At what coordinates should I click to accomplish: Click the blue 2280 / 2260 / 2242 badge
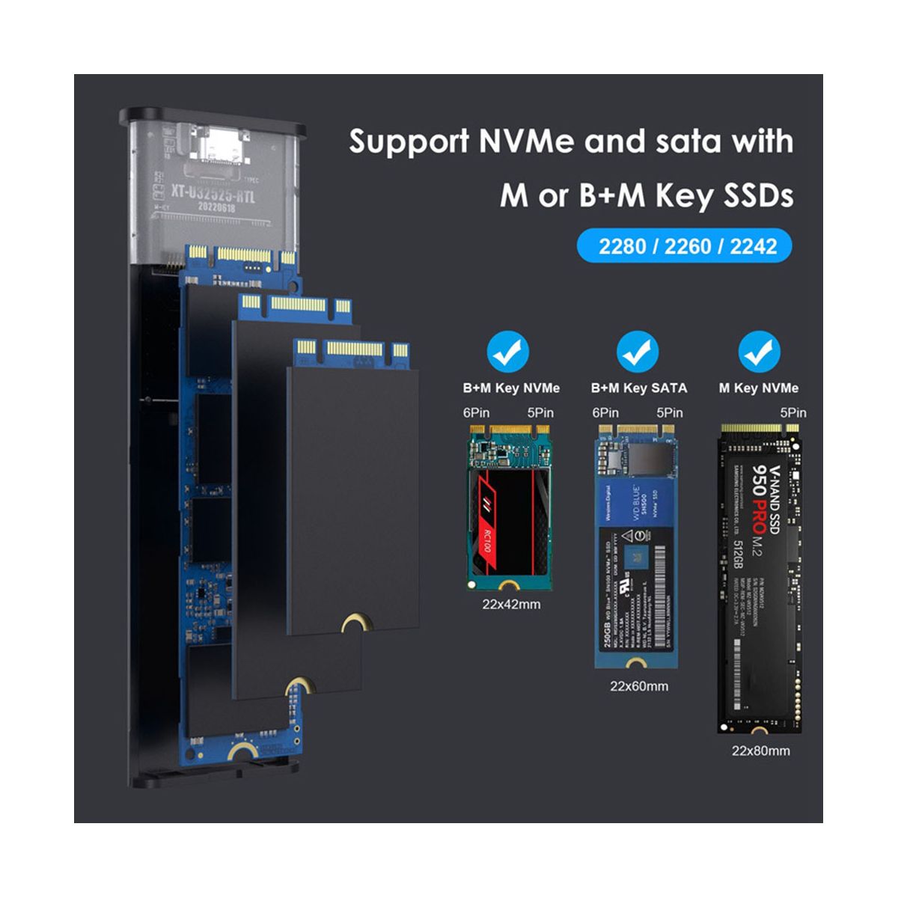point(684,246)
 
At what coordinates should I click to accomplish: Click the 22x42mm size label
point(511,605)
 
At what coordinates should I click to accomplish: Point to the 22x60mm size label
point(638,685)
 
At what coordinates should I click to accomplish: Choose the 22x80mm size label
point(760,751)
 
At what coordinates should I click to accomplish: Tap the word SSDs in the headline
point(755,196)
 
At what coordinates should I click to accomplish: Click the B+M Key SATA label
point(638,388)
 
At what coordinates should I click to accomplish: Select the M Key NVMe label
point(759,388)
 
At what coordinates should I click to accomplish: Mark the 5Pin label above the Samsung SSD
point(792,412)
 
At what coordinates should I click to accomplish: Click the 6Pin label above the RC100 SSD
point(477,412)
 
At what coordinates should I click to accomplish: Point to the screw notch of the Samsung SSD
point(760,730)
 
